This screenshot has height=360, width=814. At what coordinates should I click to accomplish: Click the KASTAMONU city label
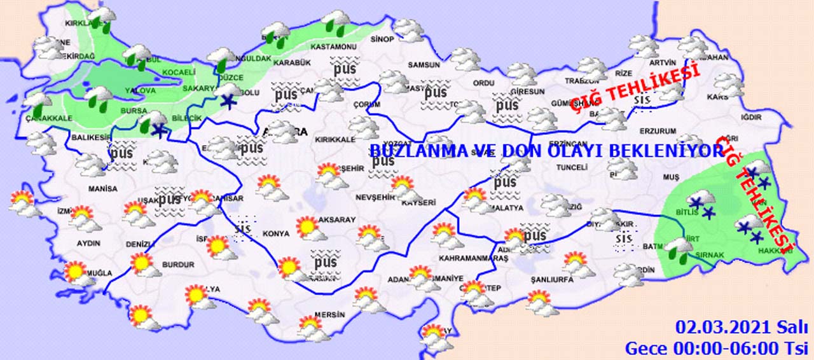point(333,47)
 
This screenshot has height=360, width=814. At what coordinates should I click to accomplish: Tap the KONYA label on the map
point(277,234)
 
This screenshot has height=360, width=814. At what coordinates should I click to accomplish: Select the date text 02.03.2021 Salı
point(742,328)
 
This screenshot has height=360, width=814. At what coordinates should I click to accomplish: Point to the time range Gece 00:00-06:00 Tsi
point(715,348)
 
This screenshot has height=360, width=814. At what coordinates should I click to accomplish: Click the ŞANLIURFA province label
point(551,279)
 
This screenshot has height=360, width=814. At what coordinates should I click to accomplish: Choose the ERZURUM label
point(658,131)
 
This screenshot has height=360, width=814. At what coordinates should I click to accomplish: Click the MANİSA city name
point(103,189)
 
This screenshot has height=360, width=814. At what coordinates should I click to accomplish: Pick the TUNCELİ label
point(569,167)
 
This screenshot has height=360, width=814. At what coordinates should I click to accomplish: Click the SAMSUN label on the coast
point(424,65)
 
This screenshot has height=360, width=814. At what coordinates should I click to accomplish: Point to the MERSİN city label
point(330,314)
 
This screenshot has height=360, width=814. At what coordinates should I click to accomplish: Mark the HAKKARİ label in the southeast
point(774,251)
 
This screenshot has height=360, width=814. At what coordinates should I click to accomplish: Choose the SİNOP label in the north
point(382,39)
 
